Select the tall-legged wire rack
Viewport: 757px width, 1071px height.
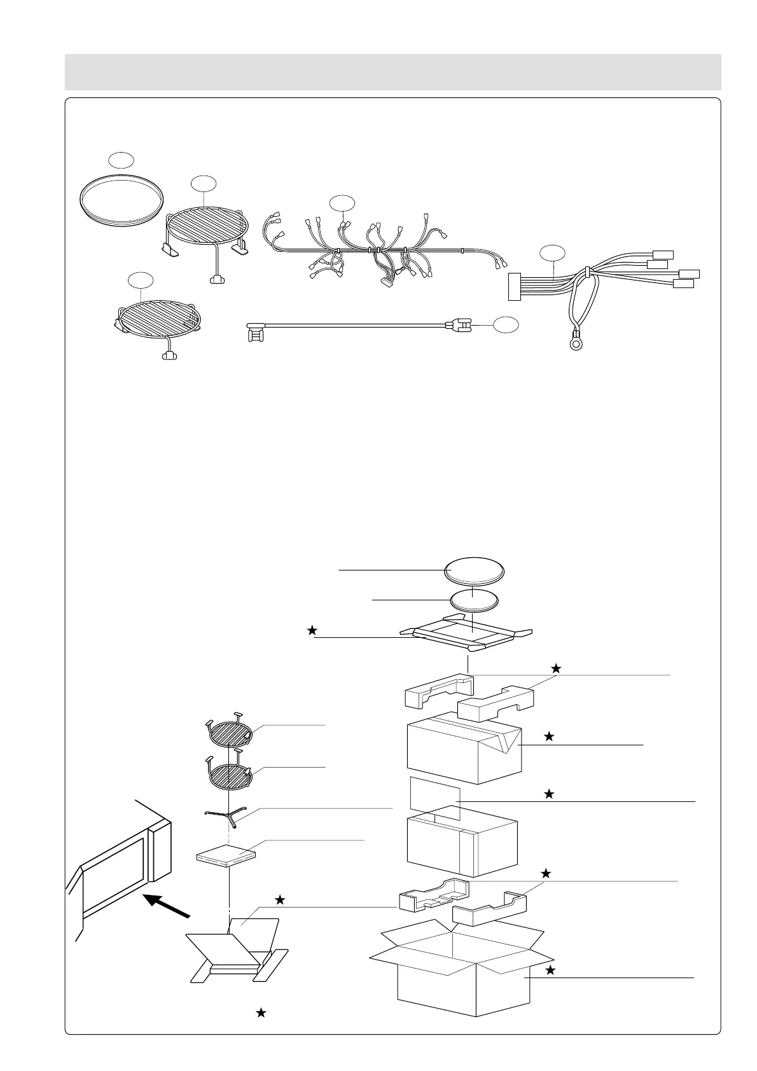[205, 226]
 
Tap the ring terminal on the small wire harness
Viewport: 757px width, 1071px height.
[576, 345]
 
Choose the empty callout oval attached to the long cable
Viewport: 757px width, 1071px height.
[506, 324]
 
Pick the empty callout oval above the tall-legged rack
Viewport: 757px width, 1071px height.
[204, 183]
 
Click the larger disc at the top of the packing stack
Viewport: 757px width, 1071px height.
[474, 569]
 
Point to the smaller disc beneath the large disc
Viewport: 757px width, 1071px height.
[474, 600]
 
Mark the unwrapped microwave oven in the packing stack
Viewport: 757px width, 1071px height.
[462, 843]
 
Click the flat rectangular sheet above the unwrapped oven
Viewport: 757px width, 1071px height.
[435, 796]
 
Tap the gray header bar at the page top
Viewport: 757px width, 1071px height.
[392, 72]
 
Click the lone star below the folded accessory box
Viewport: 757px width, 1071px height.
[261, 1013]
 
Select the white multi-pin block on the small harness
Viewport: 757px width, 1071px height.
[513, 286]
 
